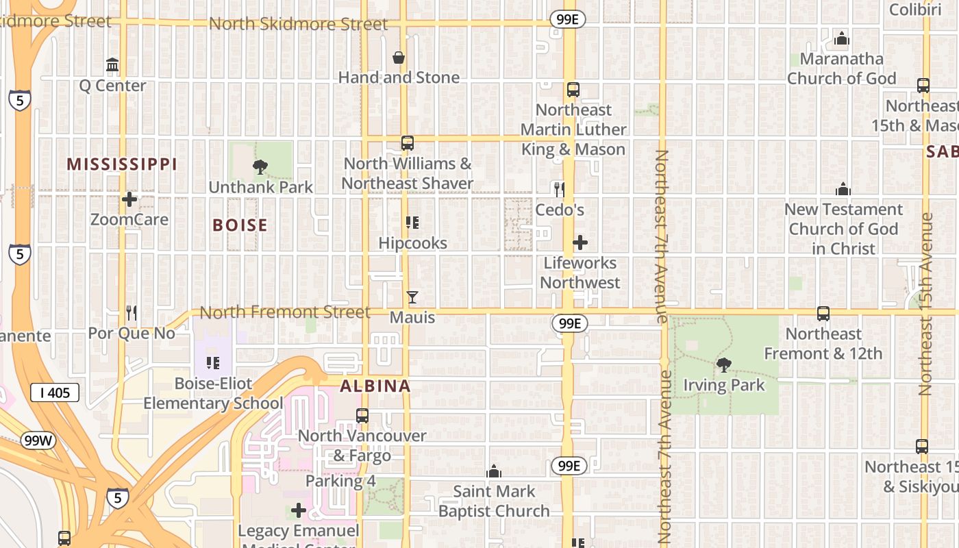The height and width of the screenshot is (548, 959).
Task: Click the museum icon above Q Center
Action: [x=112, y=65]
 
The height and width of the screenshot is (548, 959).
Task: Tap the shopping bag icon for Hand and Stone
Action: [x=399, y=58]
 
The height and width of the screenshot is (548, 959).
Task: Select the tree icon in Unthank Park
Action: [x=260, y=166]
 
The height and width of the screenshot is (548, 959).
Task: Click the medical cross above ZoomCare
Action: [x=129, y=199]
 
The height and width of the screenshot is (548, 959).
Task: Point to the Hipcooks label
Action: [x=412, y=243]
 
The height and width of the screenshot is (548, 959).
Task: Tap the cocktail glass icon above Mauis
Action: [x=412, y=297]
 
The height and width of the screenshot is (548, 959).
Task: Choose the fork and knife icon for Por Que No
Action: [x=132, y=313]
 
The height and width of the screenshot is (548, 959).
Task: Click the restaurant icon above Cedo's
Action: [x=560, y=189]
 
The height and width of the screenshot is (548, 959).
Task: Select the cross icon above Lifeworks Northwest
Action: [x=580, y=242]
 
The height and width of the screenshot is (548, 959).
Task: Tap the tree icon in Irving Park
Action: [x=723, y=364]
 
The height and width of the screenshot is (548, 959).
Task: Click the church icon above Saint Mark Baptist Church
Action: [x=494, y=471]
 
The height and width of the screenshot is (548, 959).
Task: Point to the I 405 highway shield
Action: [x=55, y=393]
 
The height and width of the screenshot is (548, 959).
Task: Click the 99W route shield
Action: [x=38, y=440]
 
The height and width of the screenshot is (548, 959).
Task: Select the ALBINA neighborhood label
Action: [x=375, y=386]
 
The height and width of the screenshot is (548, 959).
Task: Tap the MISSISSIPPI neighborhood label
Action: [x=122, y=164]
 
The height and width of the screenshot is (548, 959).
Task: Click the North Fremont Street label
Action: [x=285, y=312]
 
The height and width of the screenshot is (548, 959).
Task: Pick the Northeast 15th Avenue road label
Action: [x=927, y=305]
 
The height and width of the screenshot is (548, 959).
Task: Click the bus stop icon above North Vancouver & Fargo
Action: [x=362, y=415]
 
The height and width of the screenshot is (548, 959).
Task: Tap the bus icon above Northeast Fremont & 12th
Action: [x=823, y=314]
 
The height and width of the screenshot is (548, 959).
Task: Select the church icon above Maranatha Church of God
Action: [x=842, y=38]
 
